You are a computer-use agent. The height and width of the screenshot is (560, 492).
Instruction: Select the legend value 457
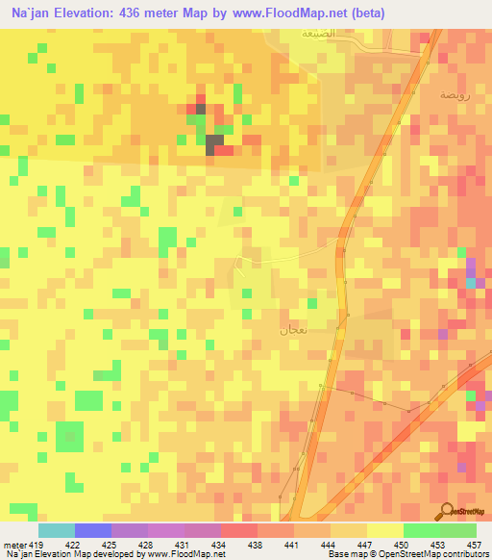(473, 544)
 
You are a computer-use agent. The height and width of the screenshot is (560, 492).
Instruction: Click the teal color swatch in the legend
(57, 530)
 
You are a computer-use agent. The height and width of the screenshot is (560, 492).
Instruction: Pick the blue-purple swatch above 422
(93, 530)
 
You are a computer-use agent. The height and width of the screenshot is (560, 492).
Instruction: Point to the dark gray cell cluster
(212, 142)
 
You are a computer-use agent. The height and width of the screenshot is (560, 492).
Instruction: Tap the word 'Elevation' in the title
(85, 13)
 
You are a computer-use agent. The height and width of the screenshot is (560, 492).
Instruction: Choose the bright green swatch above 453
(422, 530)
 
